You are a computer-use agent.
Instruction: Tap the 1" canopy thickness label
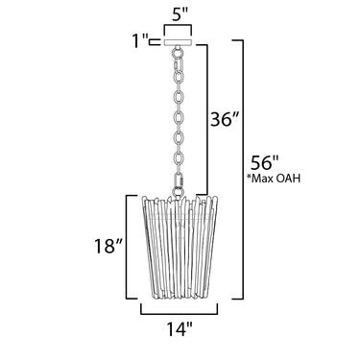pos(140,41)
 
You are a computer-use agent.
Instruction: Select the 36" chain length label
pos(225,119)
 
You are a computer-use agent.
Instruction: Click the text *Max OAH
pos(274,179)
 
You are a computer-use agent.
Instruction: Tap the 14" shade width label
pos(180,328)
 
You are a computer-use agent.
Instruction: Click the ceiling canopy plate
pos(178,42)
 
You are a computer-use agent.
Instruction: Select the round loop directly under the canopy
pos(178,51)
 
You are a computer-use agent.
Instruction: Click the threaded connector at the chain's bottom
pos(178,180)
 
